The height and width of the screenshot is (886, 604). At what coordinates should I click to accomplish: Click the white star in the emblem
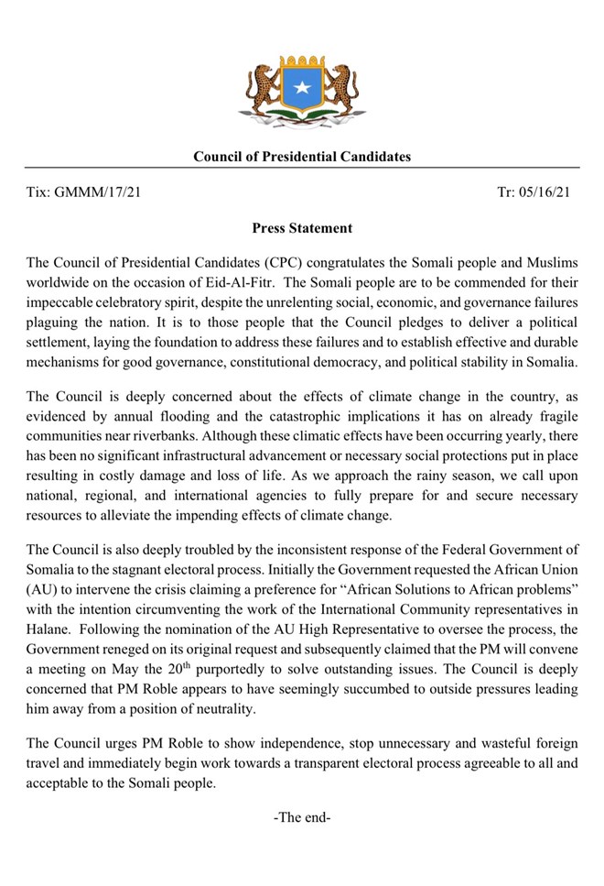click(301, 90)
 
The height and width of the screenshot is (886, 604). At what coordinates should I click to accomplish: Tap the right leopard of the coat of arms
click(343, 85)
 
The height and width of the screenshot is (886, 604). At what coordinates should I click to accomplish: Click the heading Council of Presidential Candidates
click(302, 157)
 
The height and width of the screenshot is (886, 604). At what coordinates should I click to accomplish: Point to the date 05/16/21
click(544, 192)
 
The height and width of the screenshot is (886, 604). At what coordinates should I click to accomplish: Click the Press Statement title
click(302, 228)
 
